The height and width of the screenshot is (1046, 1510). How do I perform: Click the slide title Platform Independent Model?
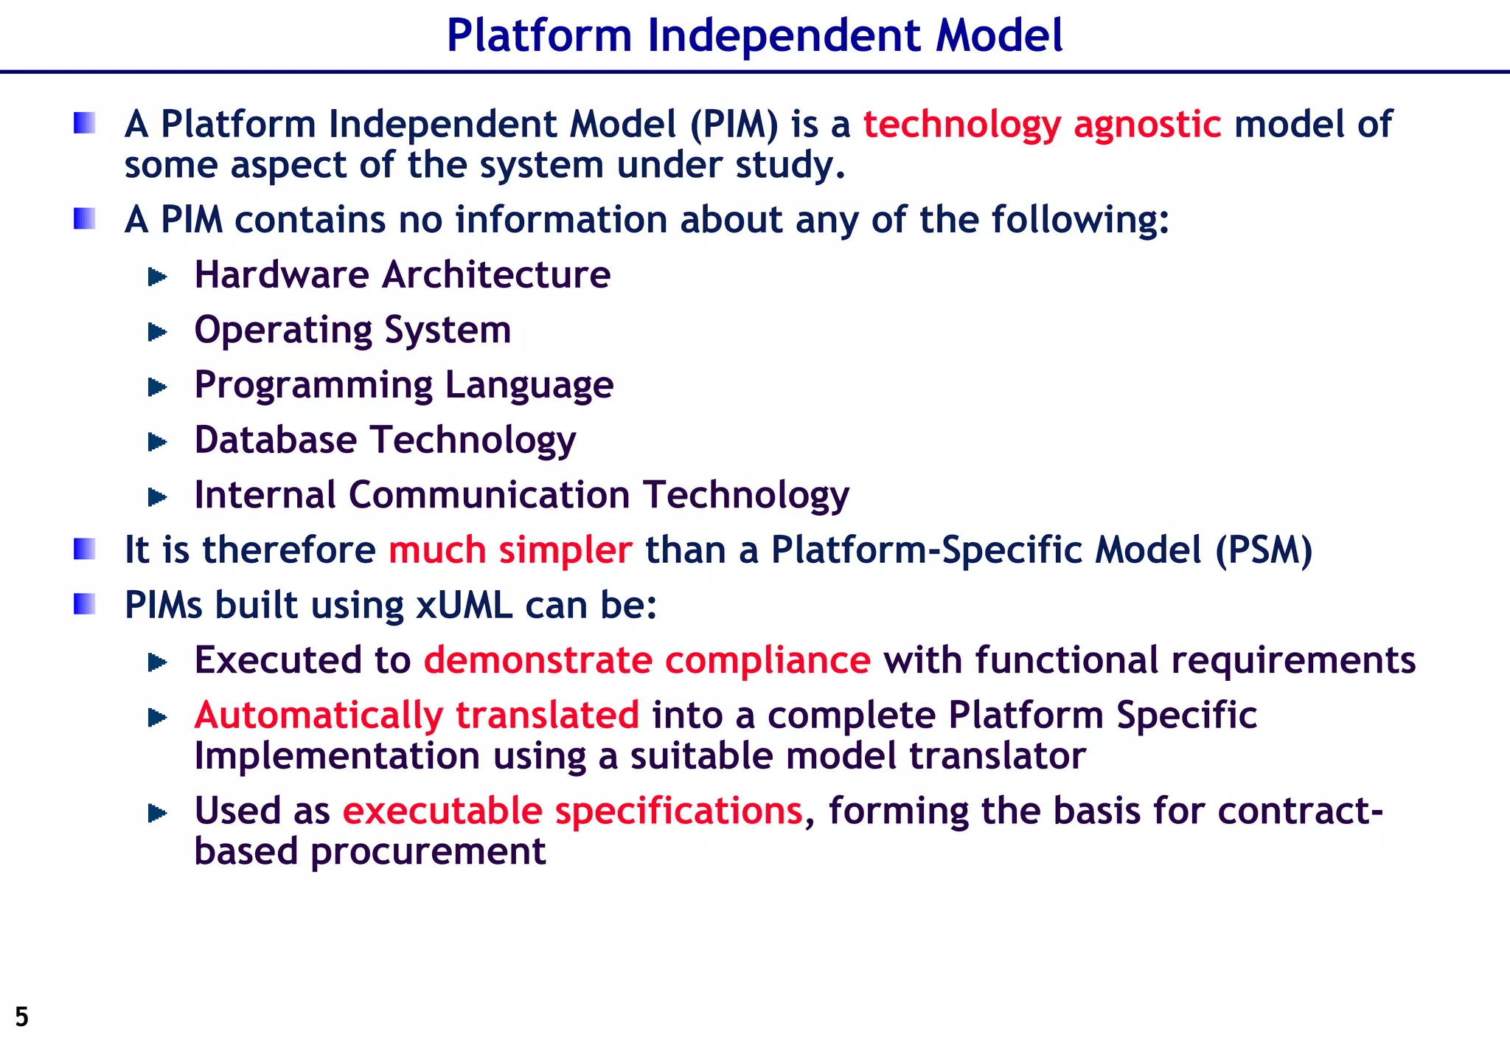[x=754, y=35]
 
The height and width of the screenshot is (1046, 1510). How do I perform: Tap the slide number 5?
[x=22, y=1016]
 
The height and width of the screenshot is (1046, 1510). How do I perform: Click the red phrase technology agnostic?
[x=1042, y=124]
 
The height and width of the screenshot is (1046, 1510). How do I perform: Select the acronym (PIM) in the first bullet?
[x=734, y=124]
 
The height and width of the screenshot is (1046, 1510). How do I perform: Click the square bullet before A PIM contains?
[x=85, y=219]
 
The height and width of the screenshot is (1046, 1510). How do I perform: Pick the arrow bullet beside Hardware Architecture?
[x=158, y=277]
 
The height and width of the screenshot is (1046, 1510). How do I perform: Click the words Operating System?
[x=352, y=330]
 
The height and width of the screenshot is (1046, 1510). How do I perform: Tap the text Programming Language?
[x=403, y=385]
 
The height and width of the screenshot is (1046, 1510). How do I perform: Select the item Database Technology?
[x=385, y=440]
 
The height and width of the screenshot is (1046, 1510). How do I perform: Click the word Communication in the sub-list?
[x=489, y=494]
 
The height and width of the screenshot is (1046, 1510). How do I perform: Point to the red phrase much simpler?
[x=510, y=550]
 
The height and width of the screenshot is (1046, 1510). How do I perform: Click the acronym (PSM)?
[x=1264, y=550]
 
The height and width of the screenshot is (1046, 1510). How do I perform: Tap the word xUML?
[x=465, y=605]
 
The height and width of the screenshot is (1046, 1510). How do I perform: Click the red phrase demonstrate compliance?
[x=647, y=659]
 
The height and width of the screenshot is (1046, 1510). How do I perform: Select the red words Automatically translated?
[x=417, y=715]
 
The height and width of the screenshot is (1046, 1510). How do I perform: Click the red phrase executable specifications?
[x=572, y=811]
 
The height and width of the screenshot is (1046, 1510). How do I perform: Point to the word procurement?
[x=428, y=851]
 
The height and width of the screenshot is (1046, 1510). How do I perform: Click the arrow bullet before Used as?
[x=158, y=814]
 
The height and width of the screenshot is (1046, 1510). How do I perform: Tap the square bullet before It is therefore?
[x=85, y=550]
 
